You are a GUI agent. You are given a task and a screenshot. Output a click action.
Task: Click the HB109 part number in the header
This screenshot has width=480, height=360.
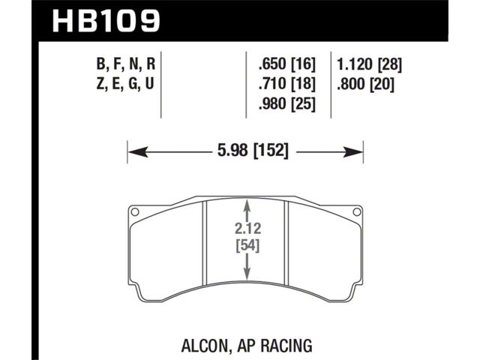[x=106, y=20]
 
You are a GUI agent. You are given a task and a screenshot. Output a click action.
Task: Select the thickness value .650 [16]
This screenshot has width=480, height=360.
[x=286, y=64]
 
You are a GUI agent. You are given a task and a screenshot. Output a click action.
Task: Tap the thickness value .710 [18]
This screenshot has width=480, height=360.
[x=286, y=84]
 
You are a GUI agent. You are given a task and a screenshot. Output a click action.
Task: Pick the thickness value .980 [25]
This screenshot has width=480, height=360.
[x=286, y=103]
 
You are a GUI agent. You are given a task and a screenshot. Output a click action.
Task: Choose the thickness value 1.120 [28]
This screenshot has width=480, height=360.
[x=369, y=64]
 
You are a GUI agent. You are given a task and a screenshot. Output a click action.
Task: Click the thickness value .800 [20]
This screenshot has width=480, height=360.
[x=365, y=84]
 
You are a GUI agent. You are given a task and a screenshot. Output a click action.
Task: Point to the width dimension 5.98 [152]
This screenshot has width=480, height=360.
[x=253, y=151]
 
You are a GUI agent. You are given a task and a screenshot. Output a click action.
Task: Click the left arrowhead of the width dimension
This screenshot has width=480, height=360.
[x=138, y=151]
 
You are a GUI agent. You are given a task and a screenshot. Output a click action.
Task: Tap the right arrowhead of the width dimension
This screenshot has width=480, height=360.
[x=353, y=151]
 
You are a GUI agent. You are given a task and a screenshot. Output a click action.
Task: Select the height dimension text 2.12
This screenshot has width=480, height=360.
[x=248, y=228]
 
